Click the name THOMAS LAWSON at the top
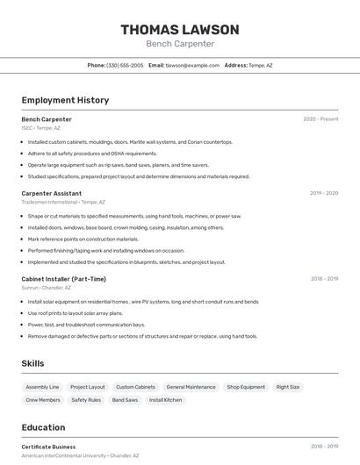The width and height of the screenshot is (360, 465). [179, 30]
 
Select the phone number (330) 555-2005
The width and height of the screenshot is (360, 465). [125, 65]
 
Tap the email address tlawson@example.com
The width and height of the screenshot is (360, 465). [192, 65]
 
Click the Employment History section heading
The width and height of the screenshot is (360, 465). [65, 100]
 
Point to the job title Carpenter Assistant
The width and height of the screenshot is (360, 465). [51, 193]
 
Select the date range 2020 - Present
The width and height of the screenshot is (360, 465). [320, 119]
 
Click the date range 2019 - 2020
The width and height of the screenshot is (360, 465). [324, 193]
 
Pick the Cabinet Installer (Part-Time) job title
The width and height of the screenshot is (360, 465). [63, 279]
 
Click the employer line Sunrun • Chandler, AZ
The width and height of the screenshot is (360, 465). [47, 288]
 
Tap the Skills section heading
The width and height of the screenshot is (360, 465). [32, 363]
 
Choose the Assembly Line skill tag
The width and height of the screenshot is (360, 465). [42, 387]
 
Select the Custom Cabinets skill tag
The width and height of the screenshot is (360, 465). [135, 387]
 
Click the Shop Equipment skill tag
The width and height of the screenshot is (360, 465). [246, 387]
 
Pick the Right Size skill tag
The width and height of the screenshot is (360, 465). [288, 387]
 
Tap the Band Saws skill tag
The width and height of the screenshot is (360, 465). [125, 400]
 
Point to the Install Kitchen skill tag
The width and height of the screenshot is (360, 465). [166, 400]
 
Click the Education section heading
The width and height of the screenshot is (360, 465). [43, 427]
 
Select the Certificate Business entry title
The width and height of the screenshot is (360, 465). [48, 447]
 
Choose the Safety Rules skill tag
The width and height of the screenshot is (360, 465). [86, 400]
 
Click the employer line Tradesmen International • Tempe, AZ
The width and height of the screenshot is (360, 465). [63, 202]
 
